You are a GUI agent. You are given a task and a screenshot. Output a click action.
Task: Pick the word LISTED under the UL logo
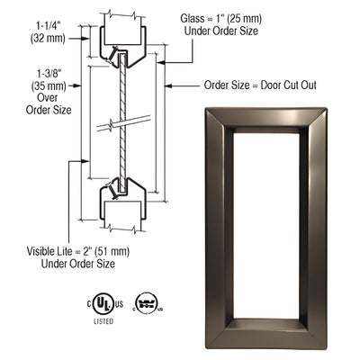click(102, 319)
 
